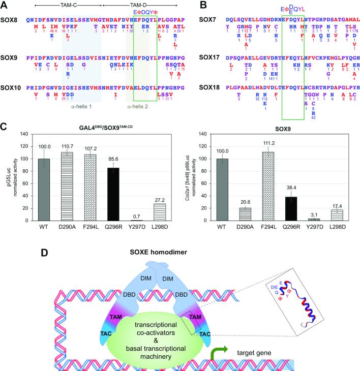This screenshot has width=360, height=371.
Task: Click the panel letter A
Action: (5, 5)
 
